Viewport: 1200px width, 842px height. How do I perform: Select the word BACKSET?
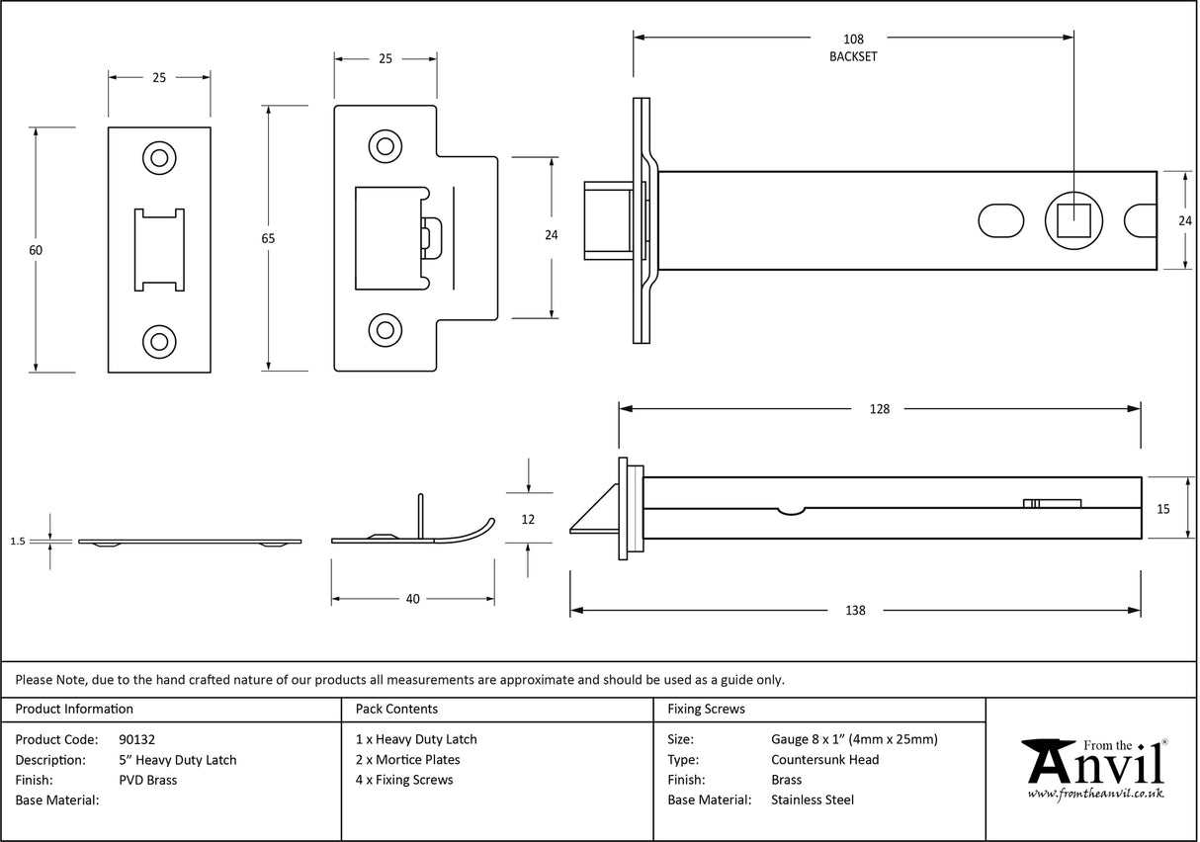point(852,56)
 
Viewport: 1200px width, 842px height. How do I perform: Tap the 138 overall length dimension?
point(855,611)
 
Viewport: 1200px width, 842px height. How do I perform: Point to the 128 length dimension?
point(879,409)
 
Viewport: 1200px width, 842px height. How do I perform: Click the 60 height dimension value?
point(36,250)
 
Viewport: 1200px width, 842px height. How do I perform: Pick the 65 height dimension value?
point(267,238)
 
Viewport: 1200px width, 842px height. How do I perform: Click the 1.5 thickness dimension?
point(17,542)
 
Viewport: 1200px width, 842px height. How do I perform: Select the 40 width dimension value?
point(412,599)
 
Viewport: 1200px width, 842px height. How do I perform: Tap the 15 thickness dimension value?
point(1162,509)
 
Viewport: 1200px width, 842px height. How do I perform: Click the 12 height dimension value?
point(528,520)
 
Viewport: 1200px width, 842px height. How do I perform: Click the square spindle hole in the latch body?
point(1072,219)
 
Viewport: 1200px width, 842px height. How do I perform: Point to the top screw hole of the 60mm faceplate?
point(158,158)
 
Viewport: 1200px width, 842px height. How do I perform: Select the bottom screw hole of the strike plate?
point(385,330)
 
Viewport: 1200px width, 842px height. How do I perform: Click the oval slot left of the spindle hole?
point(1001,219)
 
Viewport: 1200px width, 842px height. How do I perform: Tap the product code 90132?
point(136,739)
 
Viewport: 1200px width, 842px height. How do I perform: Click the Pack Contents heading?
point(396,709)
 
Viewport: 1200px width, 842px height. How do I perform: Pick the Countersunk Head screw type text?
point(824,760)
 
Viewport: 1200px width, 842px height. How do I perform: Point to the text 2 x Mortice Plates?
point(407,760)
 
